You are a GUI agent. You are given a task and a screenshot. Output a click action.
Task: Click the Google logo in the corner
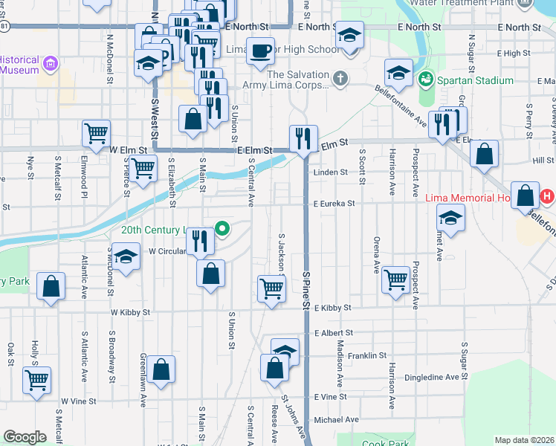tap(25, 437)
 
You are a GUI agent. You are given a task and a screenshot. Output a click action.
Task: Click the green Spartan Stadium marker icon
tap(426, 78)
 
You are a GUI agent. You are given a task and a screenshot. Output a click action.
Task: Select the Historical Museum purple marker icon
tap(51, 64)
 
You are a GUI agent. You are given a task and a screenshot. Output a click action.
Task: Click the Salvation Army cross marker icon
tap(340, 78)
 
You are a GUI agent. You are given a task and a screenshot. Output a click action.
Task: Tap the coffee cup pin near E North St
tap(260, 52)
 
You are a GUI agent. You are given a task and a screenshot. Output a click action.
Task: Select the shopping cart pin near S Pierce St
tap(143, 169)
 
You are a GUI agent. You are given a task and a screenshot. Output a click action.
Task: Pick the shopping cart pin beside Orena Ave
tap(396, 279)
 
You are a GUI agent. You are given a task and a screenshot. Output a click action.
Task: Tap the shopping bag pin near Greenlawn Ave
tap(161, 369)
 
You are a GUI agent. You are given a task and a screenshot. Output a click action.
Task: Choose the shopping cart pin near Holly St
tap(36, 381)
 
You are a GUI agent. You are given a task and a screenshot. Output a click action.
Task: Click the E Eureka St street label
tap(334, 203)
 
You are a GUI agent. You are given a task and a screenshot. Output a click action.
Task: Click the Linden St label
tap(330, 172)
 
